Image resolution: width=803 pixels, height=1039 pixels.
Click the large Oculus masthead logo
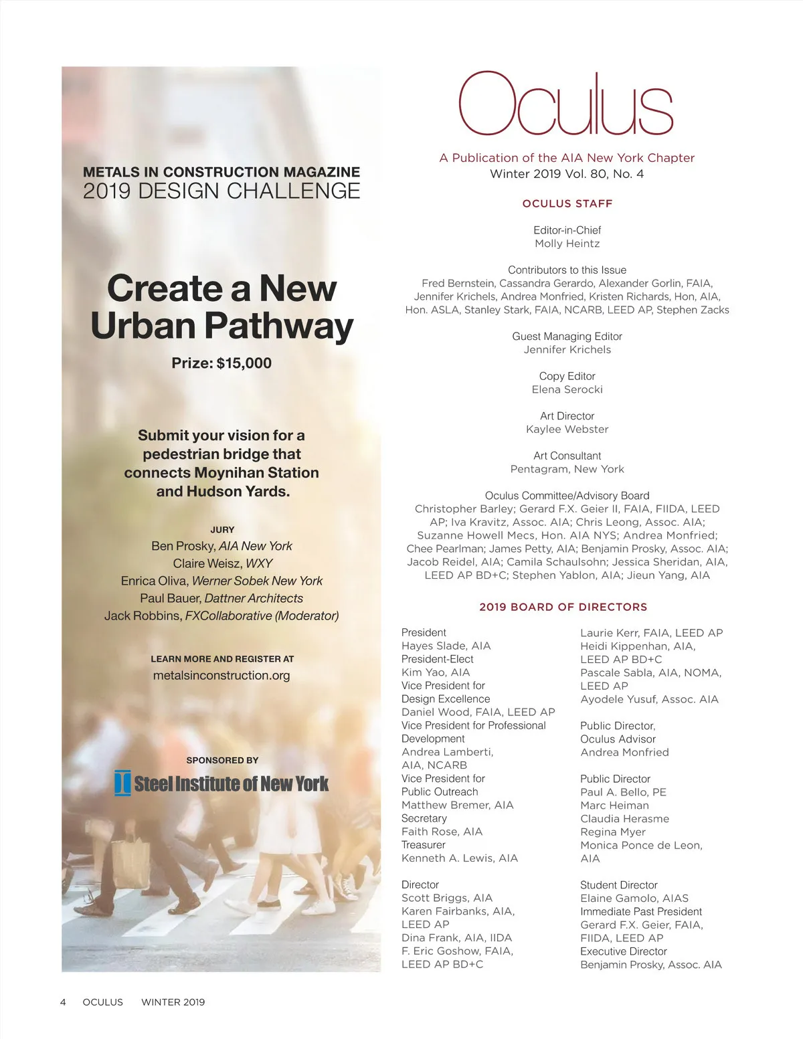(565, 104)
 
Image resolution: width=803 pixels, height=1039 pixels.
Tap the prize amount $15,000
(244, 363)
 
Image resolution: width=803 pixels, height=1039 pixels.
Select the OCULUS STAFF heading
(567, 203)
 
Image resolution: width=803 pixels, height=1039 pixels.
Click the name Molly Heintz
(567, 244)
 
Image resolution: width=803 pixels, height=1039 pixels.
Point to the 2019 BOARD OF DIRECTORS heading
(563, 607)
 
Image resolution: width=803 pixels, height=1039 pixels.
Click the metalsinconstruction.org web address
(221, 675)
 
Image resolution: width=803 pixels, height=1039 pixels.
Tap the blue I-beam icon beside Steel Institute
(122, 783)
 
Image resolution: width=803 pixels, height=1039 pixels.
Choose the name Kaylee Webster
(567, 429)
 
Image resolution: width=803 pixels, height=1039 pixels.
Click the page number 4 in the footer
(63, 1002)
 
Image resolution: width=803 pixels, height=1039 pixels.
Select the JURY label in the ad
(222, 529)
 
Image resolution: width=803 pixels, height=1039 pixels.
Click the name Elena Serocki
(567, 389)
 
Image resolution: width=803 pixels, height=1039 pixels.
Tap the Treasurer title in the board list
(424, 844)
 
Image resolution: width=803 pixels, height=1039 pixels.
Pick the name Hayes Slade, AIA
(446, 646)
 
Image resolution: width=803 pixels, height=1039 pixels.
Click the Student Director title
(619, 884)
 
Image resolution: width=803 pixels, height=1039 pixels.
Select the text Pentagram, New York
(567, 469)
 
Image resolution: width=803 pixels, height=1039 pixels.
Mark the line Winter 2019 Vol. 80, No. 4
(567, 174)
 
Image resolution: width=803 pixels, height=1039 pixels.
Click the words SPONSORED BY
(222, 760)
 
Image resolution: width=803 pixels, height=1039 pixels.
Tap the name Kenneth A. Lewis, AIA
(460, 858)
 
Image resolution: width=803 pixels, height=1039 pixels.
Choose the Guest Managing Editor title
(567, 336)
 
